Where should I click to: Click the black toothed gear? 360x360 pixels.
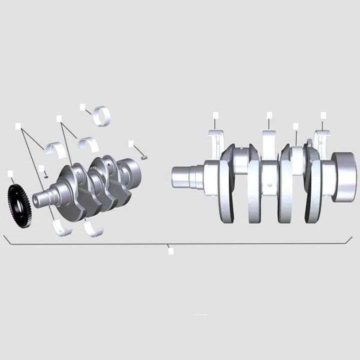pyautogui.click(x=19, y=205)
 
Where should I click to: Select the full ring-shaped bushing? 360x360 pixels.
pyautogui.click(x=103, y=116)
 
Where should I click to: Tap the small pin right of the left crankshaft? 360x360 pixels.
pyautogui.click(x=144, y=157)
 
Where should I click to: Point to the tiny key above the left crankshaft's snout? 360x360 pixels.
pyautogui.click(x=46, y=176)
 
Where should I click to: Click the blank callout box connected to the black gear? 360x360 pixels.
pyautogui.click(x=10, y=173)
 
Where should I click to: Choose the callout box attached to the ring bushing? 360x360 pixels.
pyautogui.click(x=82, y=106)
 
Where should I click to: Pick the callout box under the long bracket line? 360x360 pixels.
pyautogui.click(x=170, y=251)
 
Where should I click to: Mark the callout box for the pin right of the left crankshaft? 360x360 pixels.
pyautogui.click(x=131, y=143)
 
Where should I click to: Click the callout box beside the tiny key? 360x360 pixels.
pyautogui.click(x=41, y=168)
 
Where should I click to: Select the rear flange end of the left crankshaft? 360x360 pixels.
pyautogui.click(x=132, y=172)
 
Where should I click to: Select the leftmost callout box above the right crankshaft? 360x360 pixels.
pyautogui.click(x=215, y=115)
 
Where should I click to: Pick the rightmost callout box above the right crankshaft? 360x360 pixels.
pyautogui.click(x=323, y=115)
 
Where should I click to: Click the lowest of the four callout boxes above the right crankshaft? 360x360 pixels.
pyautogui.click(x=295, y=126)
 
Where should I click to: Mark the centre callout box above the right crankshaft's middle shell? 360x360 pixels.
pyautogui.click(x=269, y=115)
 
